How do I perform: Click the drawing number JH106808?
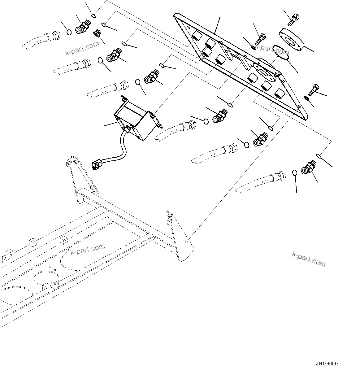click(327, 364)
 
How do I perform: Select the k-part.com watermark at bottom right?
click(309, 259)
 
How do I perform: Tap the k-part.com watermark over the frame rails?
click(88, 250)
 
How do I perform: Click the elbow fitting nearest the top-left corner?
click(82, 25)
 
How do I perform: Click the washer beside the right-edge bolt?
click(306, 98)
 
